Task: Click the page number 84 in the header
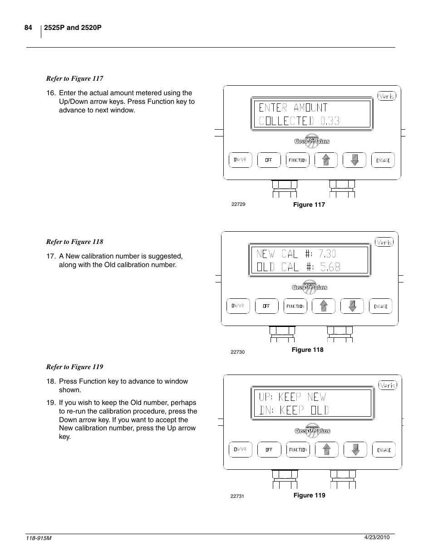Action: [28, 28]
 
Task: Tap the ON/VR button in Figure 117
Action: [240, 160]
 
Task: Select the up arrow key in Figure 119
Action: [326, 449]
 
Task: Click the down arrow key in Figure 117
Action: [354, 160]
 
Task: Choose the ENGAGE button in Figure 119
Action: [384, 449]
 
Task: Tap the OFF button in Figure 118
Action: [266, 306]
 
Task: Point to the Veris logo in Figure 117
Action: [387, 96]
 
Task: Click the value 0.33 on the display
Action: [330, 121]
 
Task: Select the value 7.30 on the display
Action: [327, 253]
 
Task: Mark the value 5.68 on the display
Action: [330, 267]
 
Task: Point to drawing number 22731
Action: [237, 496]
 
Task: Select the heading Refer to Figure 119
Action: [74, 367]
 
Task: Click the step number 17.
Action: [51, 256]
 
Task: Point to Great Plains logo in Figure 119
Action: [312, 430]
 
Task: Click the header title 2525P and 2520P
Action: [73, 28]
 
